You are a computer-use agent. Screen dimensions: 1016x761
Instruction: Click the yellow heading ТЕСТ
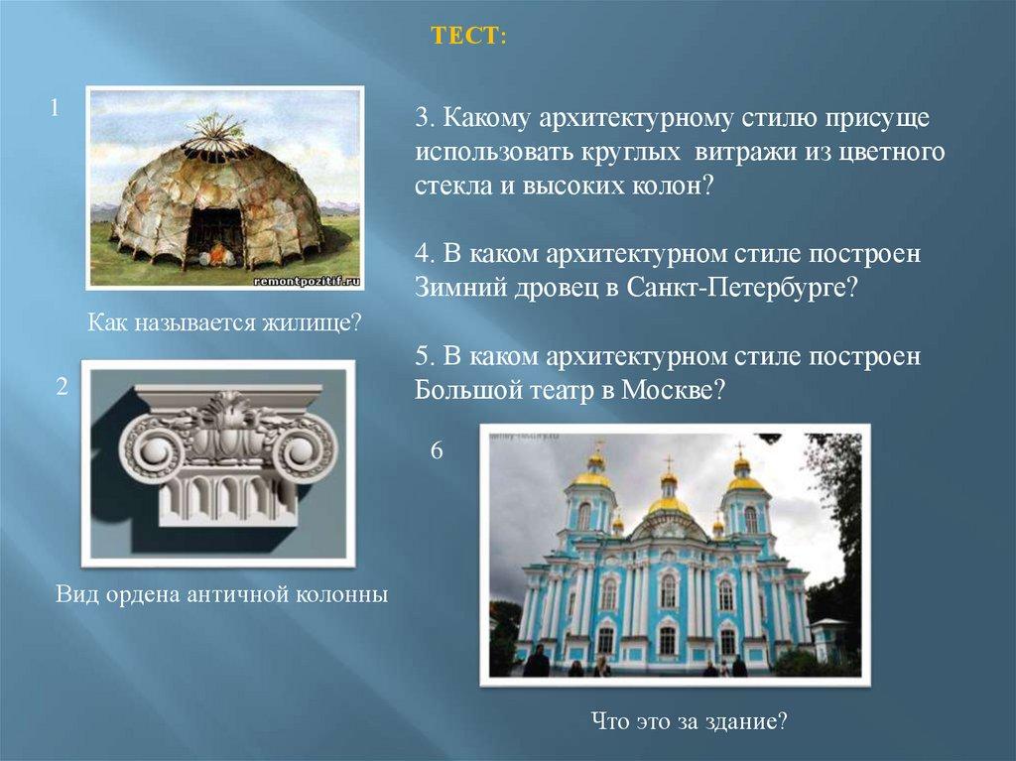coord(468,37)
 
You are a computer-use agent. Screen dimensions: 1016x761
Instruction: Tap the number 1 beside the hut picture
coord(56,107)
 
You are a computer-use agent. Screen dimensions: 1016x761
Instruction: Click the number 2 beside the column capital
coord(63,387)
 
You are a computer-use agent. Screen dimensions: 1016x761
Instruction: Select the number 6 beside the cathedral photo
coord(437,450)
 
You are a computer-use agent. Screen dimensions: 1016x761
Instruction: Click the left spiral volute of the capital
coord(155,447)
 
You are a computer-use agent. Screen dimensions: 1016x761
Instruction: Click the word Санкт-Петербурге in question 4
coord(742,288)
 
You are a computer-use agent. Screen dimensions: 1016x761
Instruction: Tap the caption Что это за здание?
coord(689,720)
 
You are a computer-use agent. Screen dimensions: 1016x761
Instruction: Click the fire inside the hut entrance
coord(217,254)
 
